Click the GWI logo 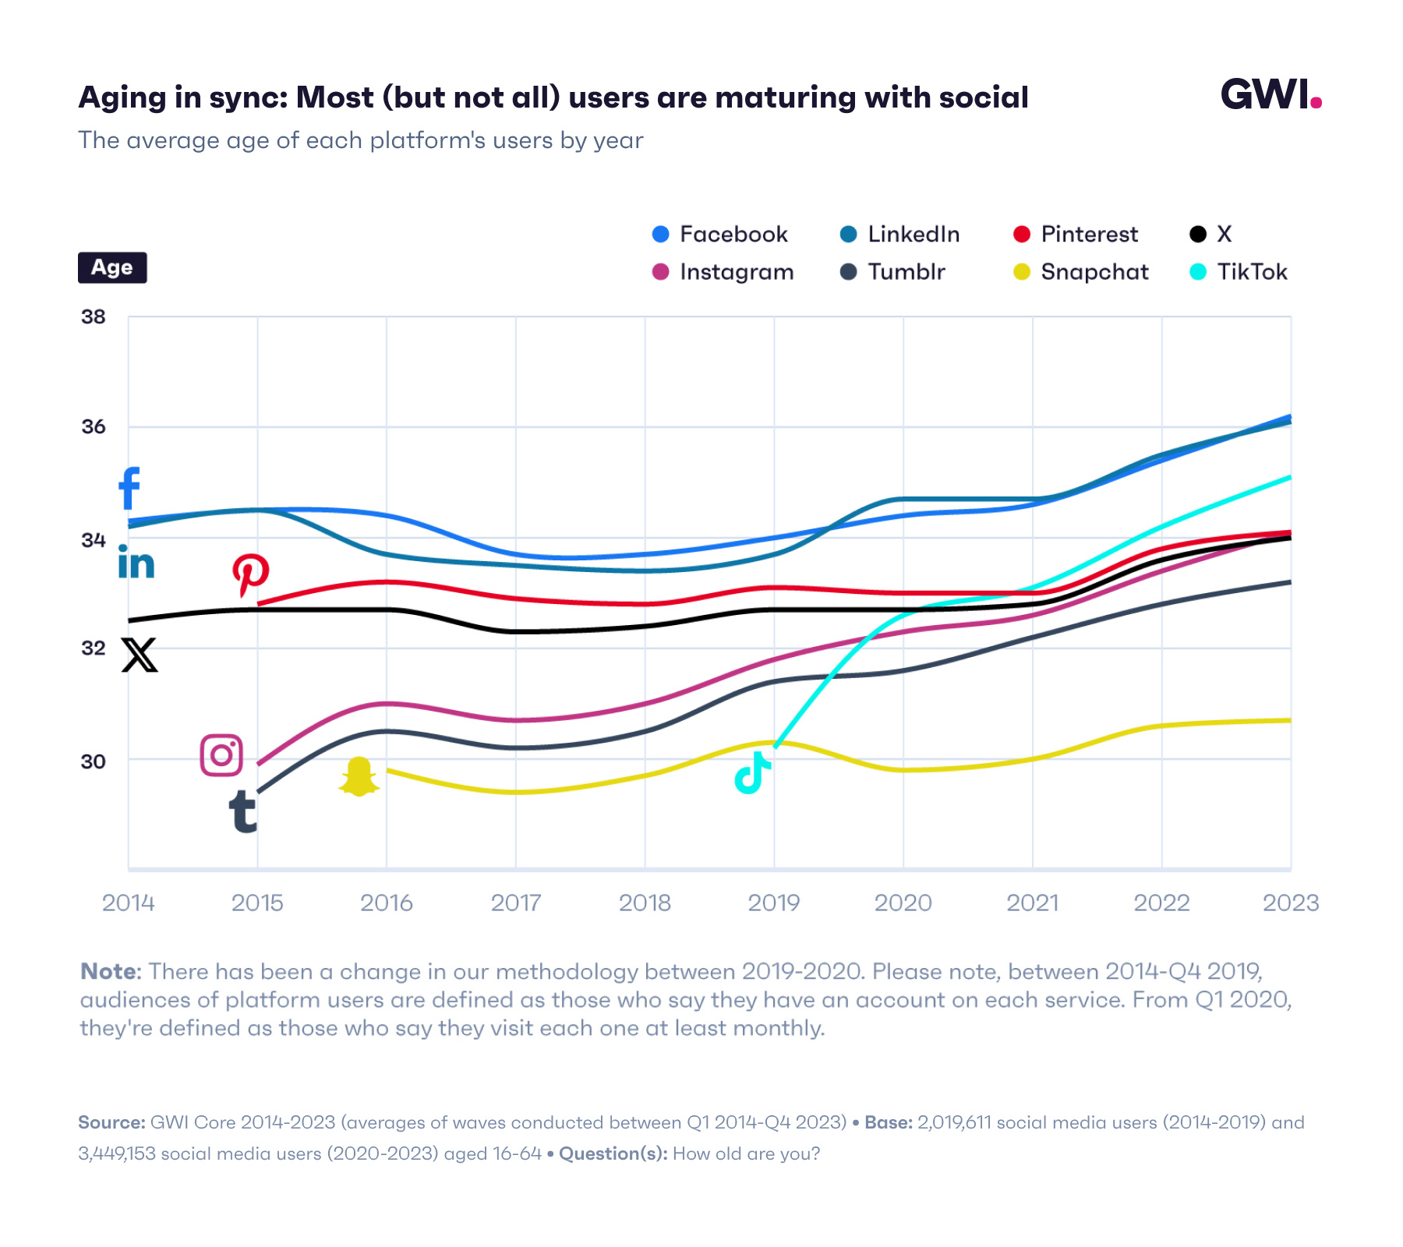tap(1270, 95)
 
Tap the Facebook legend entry tap(720, 235)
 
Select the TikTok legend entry tap(1239, 272)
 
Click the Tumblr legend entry tap(893, 272)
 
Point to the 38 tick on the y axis tap(94, 316)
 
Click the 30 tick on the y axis tap(94, 761)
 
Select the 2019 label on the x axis tap(774, 903)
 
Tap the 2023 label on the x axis tap(1290, 903)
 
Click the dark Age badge tap(112, 267)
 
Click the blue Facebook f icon tap(129, 488)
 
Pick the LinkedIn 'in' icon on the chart tap(136, 562)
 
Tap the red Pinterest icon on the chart tap(251, 575)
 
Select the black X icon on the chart tap(140, 655)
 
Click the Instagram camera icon tap(222, 754)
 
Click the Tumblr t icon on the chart tap(243, 811)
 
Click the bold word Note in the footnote tap(109, 971)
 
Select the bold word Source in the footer tap(111, 1122)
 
